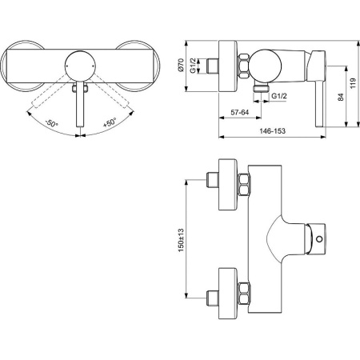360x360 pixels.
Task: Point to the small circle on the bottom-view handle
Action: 322,238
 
